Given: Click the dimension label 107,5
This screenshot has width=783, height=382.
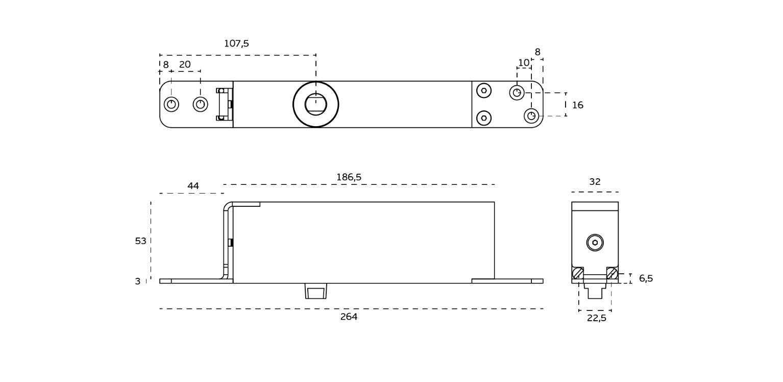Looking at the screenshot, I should click(x=236, y=44).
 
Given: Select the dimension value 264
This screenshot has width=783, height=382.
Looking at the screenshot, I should click(x=349, y=317).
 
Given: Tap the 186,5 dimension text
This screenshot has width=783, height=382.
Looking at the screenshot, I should click(x=349, y=178).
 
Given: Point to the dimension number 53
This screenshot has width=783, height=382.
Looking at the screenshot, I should click(x=140, y=241).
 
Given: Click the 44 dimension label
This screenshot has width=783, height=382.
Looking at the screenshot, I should click(x=193, y=186).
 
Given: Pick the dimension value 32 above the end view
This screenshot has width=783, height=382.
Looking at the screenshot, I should click(x=595, y=182).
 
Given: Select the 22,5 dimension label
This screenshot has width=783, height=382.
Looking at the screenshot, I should click(x=596, y=318).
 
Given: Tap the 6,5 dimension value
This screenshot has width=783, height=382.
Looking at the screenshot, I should click(x=646, y=279).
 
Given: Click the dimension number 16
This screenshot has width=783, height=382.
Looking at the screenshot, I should click(x=577, y=106).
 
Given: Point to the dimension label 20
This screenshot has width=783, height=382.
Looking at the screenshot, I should click(x=185, y=65).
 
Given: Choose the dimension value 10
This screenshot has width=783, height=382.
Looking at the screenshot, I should click(x=524, y=63).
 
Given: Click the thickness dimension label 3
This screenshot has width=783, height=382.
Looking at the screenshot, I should click(x=137, y=282).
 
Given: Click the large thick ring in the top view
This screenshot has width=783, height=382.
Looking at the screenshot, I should click(x=315, y=104).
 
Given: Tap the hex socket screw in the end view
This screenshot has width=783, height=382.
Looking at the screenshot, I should click(x=595, y=243).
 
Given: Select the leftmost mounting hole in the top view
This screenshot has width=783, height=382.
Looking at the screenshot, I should click(x=172, y=104).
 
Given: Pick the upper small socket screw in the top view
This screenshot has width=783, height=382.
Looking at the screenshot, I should click(x=484, y=90).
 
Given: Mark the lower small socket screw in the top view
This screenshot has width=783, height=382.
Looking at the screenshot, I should click(x=484, y=118).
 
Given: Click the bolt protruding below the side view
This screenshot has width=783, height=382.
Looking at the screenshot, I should click(x=315, y=292).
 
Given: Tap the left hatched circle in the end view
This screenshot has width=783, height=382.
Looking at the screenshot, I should click(x=578, y=273).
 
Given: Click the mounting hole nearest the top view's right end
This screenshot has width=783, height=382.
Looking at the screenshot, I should click(x=531, y=116).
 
